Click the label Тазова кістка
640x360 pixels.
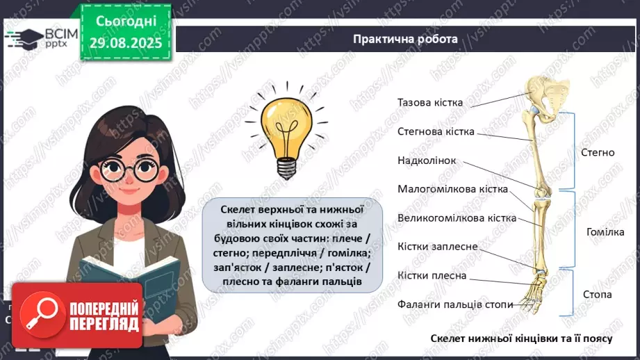[x=430, y=102]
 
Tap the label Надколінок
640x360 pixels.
[x=427, y=161]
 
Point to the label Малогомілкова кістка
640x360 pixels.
[x=452, y=189]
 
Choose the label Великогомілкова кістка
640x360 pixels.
[x=457, y=218]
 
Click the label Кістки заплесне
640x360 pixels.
[x=437, y=247]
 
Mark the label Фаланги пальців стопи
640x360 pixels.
[x=455, y=304]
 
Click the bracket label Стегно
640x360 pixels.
[x=597, y=152]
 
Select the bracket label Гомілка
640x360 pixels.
[x=605, y=232]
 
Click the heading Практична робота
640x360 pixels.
[x=405, y=39]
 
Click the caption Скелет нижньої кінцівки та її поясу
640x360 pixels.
[x=521, y=338]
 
